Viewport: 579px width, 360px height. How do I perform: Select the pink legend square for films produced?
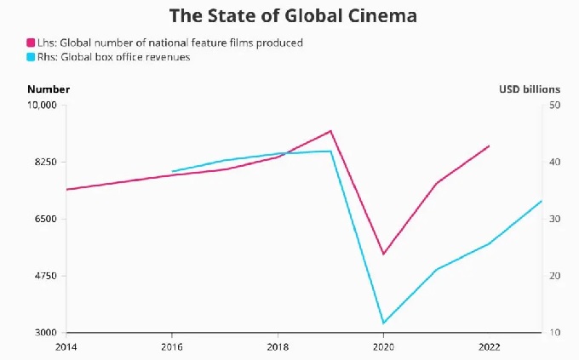pyautogui.click(x=32, y=43)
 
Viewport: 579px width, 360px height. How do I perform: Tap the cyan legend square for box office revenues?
pyautogui.click(x=32, y=57)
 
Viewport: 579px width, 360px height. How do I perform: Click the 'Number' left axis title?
pyautogui.click(x=49, y=89)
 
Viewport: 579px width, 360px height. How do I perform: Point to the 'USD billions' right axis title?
pyautogui.click(x=529, y=89)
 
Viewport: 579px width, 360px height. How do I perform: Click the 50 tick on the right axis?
pyautogui.click(x=553, y=106)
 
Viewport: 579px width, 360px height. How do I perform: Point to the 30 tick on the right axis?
pyautogui.click(x=553, y=220)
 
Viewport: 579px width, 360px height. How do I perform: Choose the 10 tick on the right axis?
pyautogui.click(x=553, y=333)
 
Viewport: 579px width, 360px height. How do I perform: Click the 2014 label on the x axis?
pyautogui.click(x=66, y=346)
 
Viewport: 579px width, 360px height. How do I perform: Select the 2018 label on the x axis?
pyautogui.click(x=278, y=346)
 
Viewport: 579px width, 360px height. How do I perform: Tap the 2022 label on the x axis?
pyautogui.click(x=490, y=346)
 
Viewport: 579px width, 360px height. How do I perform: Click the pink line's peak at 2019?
pyautogui.click(x=330, y=131)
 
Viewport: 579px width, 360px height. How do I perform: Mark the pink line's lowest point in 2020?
pyautogui.click(x=383, y=254)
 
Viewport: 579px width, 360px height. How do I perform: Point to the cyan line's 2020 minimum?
pyautogui.click(x=383, y=323)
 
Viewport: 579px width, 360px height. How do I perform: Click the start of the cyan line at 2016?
pyautogui.click(x=172, y=172)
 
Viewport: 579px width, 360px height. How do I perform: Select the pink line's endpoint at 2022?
pyautogui.click(x=490, y=146)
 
